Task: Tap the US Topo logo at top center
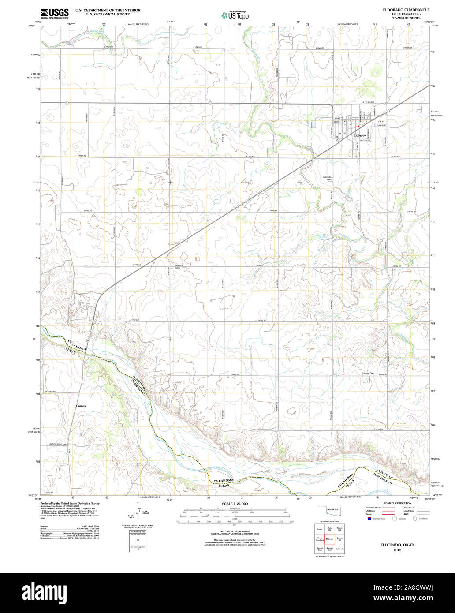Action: point(235,15)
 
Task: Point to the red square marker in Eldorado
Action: point(359,125)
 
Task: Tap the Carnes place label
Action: point(81,406)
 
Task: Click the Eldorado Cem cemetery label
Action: point(327,178)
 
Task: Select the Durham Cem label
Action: point(368,374)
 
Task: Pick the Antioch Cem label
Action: point(179,266)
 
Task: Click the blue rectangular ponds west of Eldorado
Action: point(313,125)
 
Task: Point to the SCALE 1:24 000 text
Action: point(235,504)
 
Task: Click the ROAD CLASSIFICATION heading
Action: point(397,503)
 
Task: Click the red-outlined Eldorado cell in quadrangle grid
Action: point(329,539)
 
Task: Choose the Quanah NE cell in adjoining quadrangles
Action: point(339,539)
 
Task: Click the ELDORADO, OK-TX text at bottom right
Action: point(397,545)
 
